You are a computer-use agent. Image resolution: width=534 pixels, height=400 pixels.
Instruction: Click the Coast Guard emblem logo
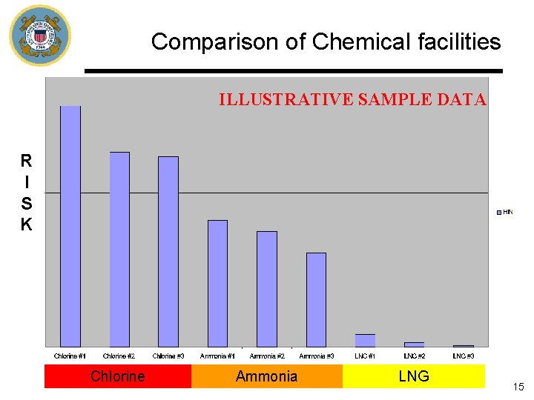coord(39,36)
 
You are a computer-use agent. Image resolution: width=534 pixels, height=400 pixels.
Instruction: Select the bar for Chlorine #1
coord(70,226)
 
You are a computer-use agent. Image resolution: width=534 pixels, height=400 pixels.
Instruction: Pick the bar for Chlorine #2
coord(119,249)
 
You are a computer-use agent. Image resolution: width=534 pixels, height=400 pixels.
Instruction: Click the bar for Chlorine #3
coord(168,251)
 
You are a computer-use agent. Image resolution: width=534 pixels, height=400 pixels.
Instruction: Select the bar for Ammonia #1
coord(218,283)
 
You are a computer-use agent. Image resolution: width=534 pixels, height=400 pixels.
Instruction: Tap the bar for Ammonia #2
coord(267,289)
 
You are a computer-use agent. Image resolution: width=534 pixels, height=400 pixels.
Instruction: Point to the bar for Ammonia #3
coord(316,299)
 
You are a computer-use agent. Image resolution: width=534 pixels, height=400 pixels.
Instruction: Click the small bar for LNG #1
coord(365,341)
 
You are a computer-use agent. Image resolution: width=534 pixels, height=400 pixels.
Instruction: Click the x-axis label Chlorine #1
coord(70,356)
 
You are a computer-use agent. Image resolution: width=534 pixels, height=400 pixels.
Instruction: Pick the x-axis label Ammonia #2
coord(267,356)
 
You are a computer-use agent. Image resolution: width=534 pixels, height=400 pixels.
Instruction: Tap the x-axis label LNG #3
coord(464,356)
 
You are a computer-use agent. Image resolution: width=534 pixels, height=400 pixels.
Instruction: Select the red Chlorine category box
coord(118,376)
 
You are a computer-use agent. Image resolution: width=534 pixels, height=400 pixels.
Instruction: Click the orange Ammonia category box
coord(266,376)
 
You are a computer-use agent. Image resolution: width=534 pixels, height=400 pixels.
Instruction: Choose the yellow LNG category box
coord(413,376)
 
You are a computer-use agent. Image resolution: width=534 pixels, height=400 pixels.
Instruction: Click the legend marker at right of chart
coord(499,213)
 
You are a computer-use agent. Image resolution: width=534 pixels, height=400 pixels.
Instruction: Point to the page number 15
coord(518,387)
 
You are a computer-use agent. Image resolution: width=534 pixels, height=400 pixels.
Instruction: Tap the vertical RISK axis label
coord(26,193)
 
